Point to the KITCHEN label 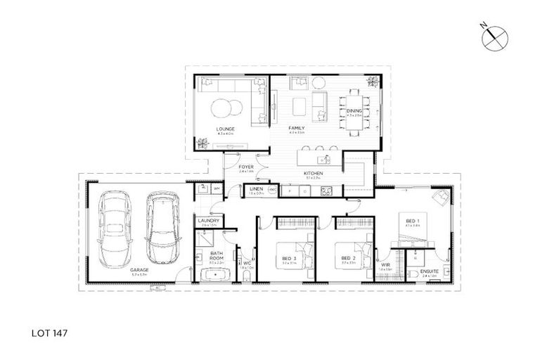(x=313, y=172)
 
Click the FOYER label (x=246, y=167)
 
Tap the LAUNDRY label (x=210, y=221)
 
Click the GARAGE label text (x=139, y=269)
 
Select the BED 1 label (x=412, y=221)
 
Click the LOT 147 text (x=49, y=328)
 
